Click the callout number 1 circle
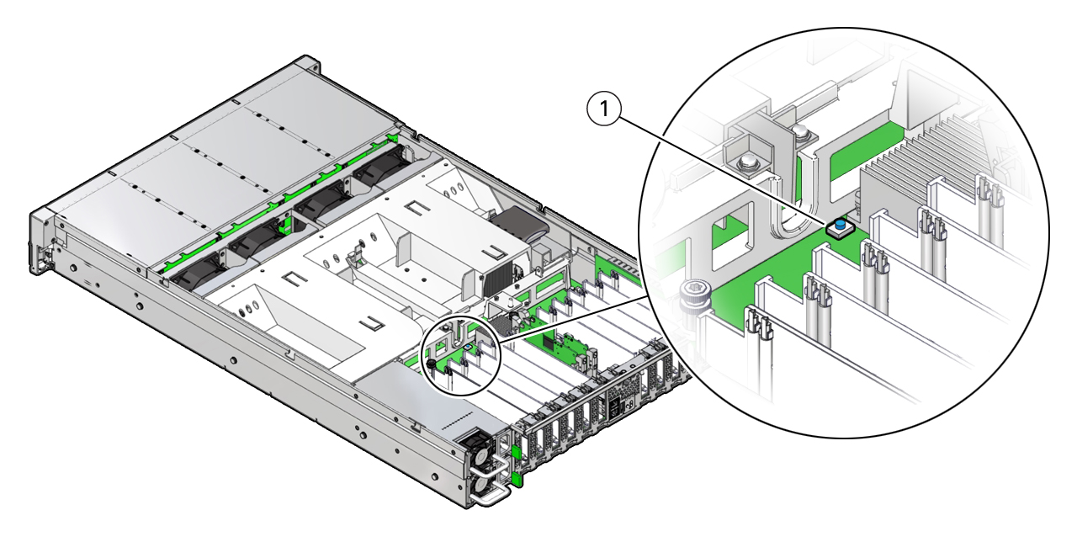click(x=604, y=109)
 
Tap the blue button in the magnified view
click(x=840, y=225)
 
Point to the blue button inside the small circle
click(x=466, y=345)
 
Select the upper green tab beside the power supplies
click(x=514, y=452)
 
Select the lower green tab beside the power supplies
click(x=517, y=479)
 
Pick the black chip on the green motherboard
click(x=549, y=342)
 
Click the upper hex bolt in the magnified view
click(x=800, y=133)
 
